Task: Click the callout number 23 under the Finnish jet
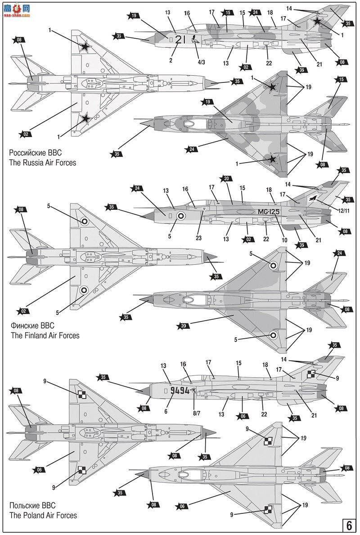(x=198, y=238)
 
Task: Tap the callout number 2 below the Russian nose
(x=171, y=60)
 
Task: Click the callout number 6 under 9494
(x=166, y=411)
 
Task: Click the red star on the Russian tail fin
(x=318, y=21)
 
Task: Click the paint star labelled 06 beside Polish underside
(x=40, y=469)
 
